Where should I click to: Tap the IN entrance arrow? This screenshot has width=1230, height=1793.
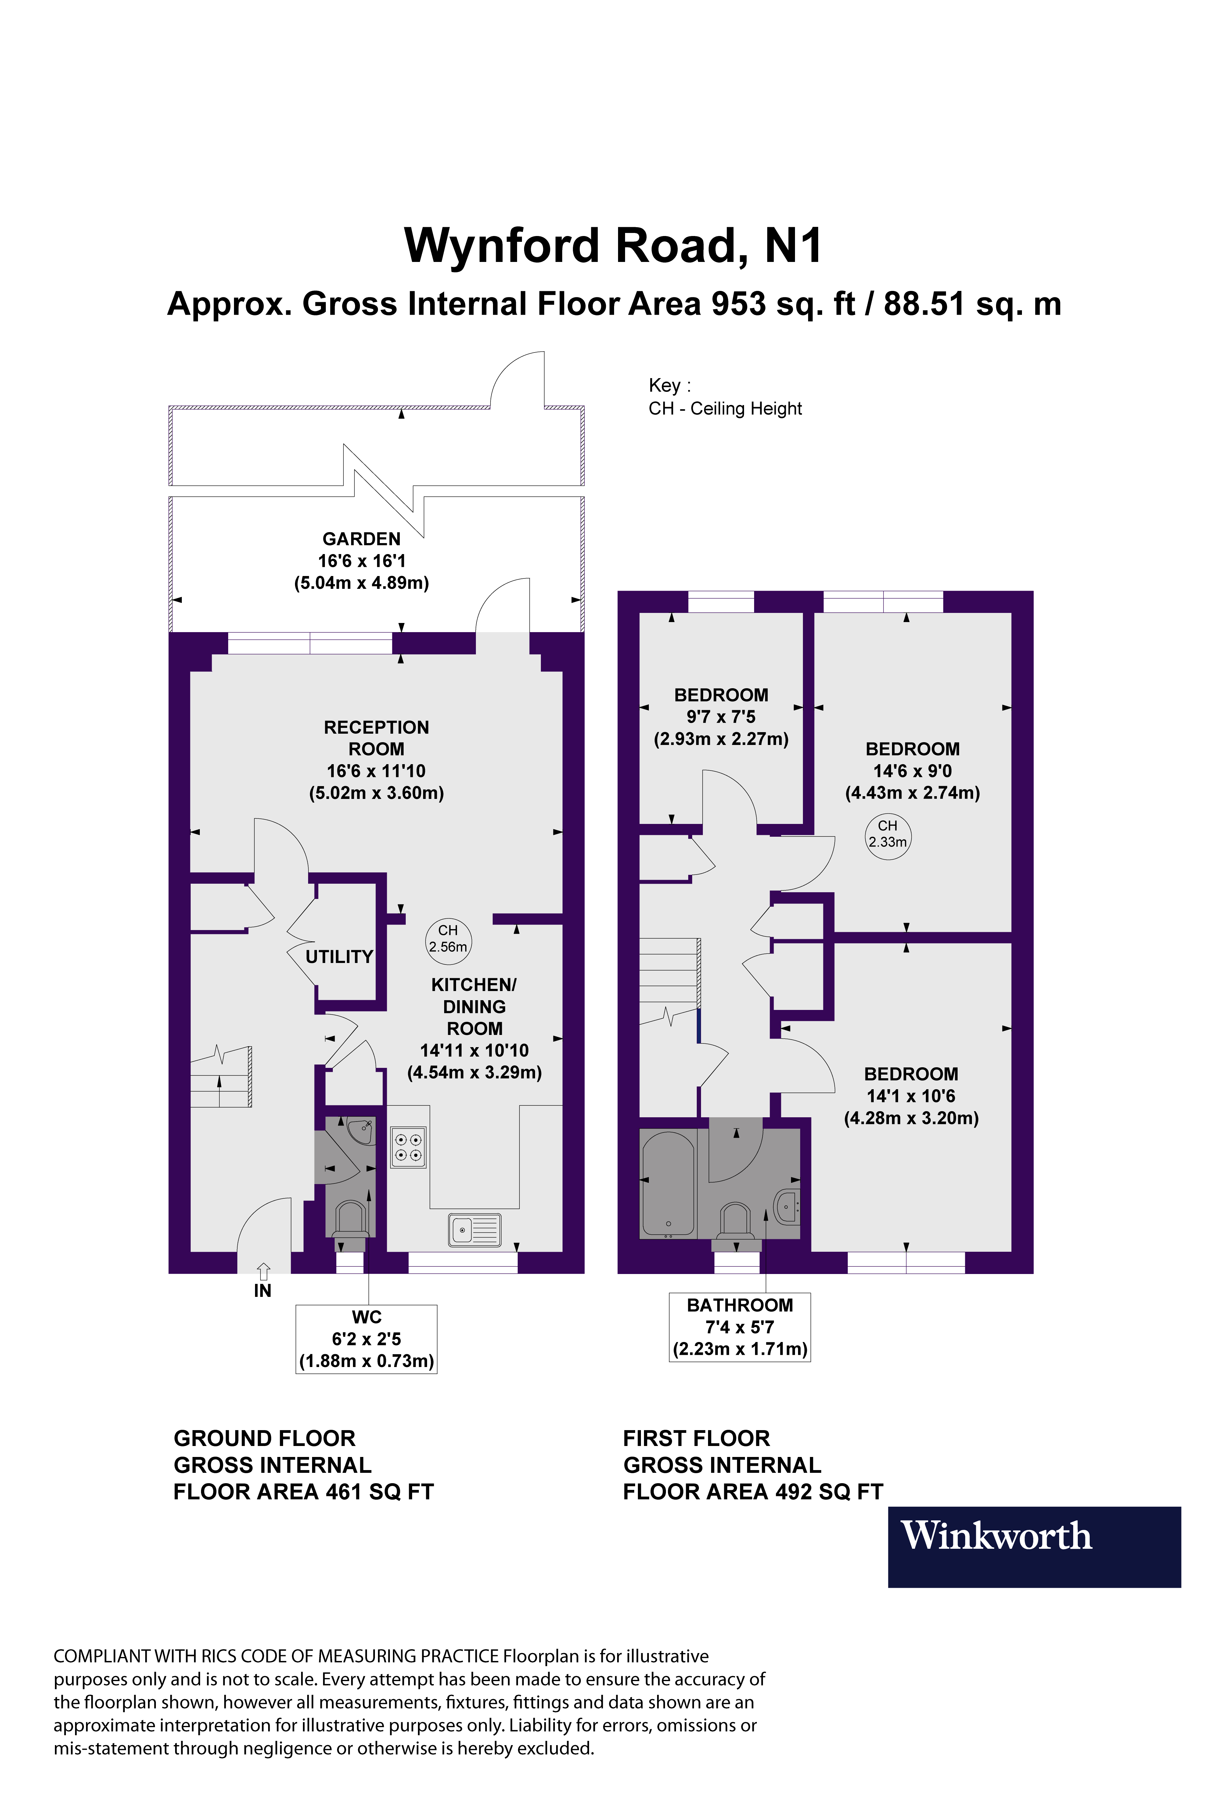[x=263, y=1271]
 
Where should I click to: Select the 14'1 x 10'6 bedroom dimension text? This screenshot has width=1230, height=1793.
[x=911, y=1096]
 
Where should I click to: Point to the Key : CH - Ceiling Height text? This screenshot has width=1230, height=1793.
[x=725, y=397]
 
